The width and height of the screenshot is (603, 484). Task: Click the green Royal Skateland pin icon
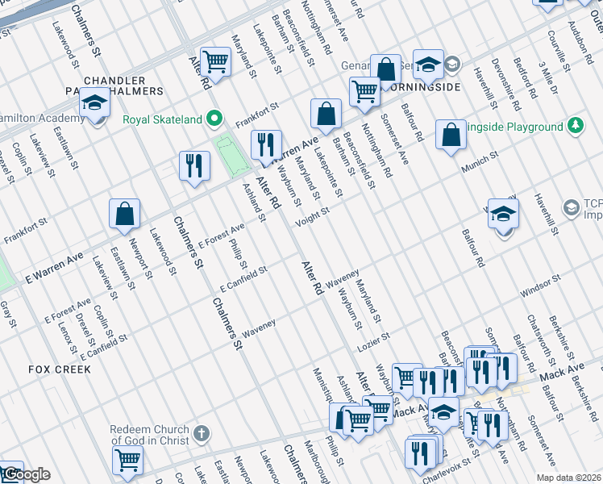(x=214, y=119)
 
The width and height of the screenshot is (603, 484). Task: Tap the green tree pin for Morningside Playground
(x=576, y=127)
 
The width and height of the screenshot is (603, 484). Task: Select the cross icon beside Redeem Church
(x=201, y=433)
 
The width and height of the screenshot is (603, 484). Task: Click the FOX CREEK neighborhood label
(x=60, y=369)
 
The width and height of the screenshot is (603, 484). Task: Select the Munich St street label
(x=480, y=167)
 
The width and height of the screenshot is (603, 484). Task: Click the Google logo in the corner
(x=26, y=474)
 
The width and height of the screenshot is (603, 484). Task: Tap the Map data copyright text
(x=568, y=478)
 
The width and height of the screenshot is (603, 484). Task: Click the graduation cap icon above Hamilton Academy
(x=95, y=102)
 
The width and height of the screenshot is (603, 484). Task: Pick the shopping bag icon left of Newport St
(x=125, y=214)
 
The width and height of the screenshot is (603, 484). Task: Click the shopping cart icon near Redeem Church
(x=127, y=461)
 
